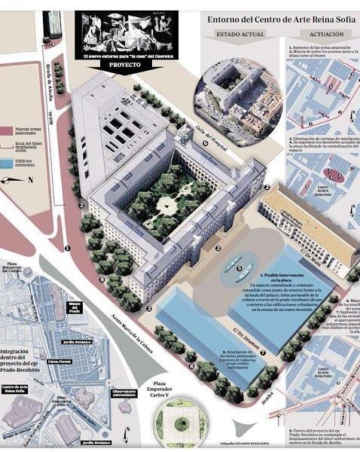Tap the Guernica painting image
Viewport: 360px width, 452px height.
tap(126, 31)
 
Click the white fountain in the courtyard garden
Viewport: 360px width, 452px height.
tap(167, 204)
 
